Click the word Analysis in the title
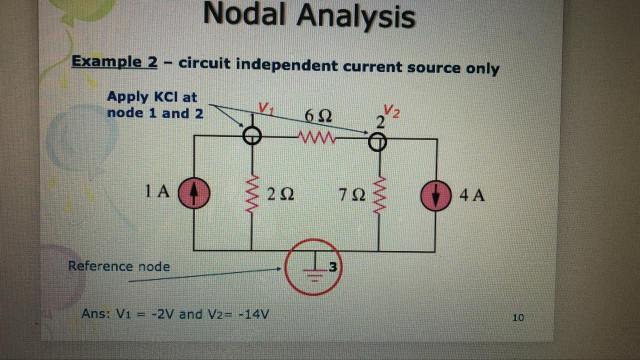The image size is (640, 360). coord(351,16)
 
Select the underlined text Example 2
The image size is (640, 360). coord(115,63)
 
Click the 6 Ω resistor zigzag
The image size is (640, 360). coord(316,140)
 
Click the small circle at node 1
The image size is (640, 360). coord(253,139)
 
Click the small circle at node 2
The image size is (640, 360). coord(378,141)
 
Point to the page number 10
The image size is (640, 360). coord(517,318)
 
